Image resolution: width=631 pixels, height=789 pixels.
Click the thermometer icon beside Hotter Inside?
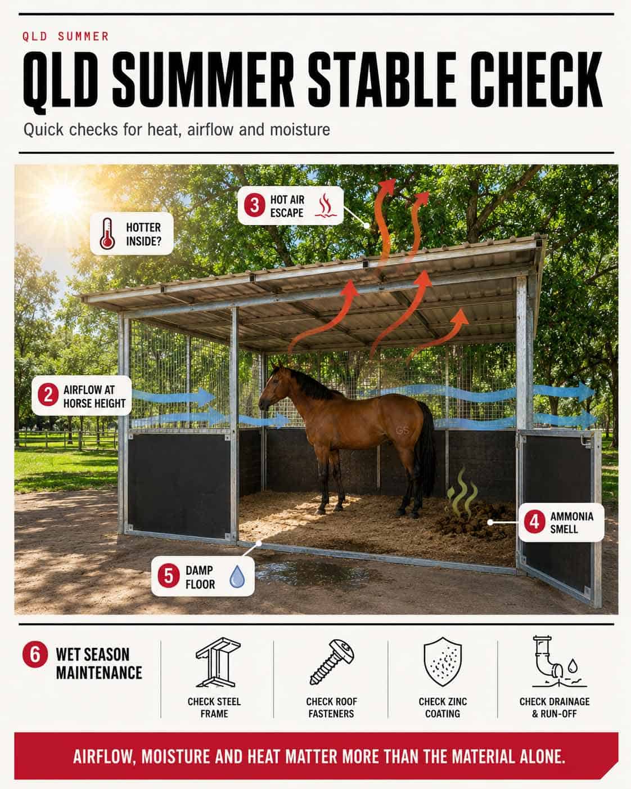[107, 234]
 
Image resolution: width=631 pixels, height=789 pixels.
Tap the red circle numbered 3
[255, 205]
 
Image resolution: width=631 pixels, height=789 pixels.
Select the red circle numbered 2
[48, 395]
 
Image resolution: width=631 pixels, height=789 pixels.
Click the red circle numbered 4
[534, 522]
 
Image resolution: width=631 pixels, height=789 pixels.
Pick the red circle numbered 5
[169, 576]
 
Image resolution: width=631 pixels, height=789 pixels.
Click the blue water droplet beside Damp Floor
[237, 577]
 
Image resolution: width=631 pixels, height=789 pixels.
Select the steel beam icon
[217, 662]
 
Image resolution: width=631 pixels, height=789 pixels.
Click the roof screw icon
[332, 662]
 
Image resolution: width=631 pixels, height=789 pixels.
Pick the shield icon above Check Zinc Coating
[443, 662]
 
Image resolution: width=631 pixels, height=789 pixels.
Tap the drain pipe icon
[557, 662]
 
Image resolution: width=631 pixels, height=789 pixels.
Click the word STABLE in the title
[382, 80]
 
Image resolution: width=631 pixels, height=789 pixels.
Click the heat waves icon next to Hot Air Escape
[326, 205]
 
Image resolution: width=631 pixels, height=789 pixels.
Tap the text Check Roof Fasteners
[332, 707]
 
